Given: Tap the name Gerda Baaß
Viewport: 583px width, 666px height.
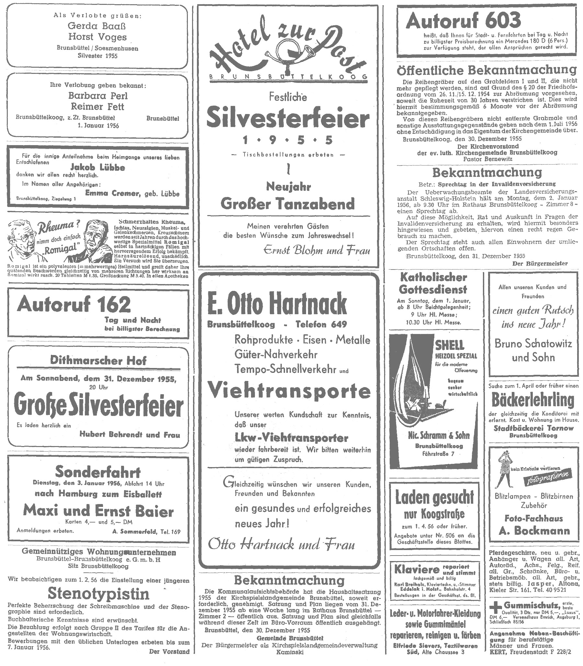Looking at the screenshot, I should (97, 26).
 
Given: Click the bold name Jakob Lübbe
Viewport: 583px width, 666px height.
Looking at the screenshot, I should (97, 167).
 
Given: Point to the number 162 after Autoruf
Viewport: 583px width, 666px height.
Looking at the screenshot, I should (114, 304).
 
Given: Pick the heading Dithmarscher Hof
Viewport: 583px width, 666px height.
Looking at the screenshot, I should (98, 361).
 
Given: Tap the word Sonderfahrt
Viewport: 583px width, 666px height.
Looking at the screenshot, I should (97, 472).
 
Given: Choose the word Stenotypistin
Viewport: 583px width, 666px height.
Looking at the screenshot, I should (98, 594).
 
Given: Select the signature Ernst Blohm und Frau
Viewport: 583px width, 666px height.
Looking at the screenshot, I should (317, 250).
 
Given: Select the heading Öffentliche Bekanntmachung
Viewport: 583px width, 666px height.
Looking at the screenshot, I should (487, 70).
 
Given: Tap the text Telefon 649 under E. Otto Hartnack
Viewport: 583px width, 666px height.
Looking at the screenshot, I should (321, 324).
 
